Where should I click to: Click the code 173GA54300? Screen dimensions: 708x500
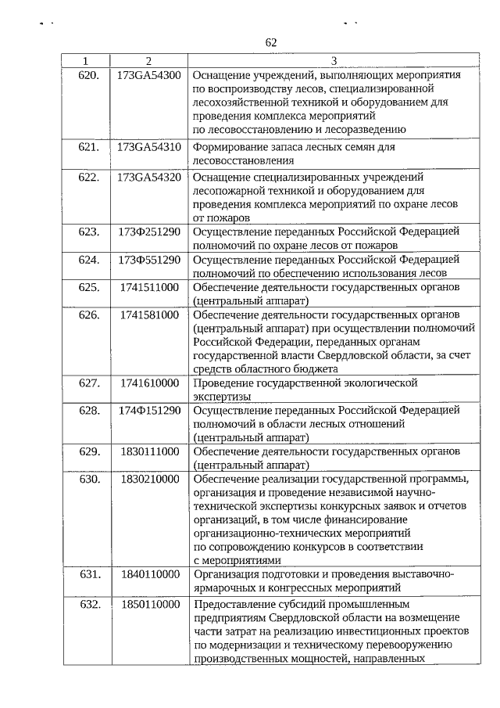pos(149,76)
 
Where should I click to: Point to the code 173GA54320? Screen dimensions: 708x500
pos(149,177)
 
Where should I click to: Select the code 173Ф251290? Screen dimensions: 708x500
pos(149,232)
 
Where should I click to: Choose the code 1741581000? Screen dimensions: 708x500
pos(150,314)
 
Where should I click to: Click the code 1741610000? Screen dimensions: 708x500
pos(150,383)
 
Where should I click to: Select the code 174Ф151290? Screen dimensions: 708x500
pos(149,410)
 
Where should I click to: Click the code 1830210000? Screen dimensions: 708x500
pos(150,479)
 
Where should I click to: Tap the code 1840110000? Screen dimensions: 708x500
pos(150,574)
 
